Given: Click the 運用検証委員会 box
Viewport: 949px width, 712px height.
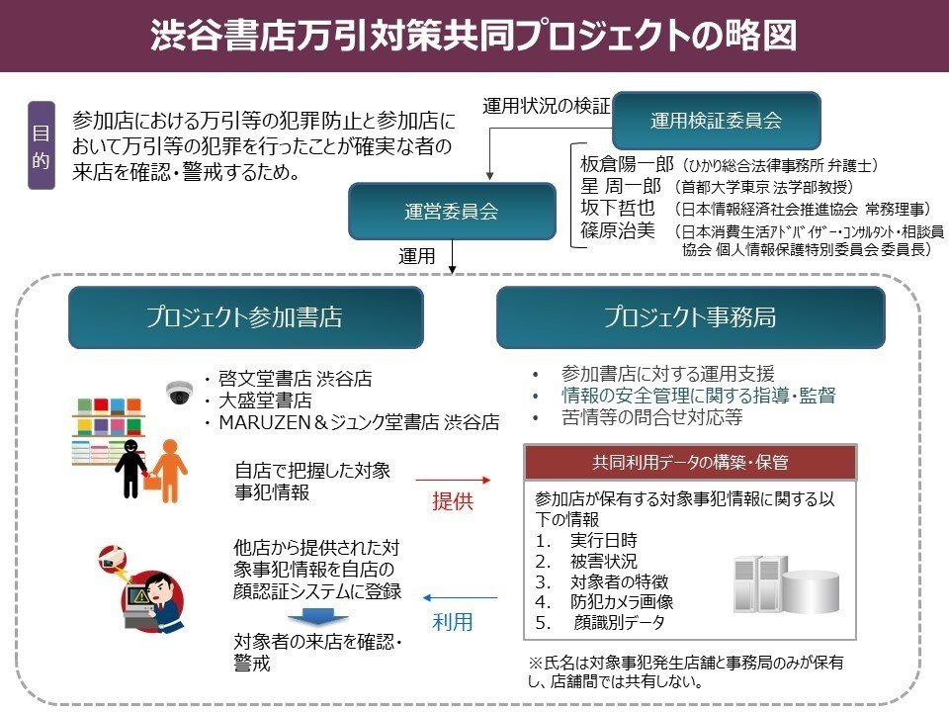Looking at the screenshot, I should coord(716,121).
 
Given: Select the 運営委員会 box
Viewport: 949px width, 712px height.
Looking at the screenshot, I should coord(451,210).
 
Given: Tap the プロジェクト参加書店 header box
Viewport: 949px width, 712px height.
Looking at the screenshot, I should coord(245,317).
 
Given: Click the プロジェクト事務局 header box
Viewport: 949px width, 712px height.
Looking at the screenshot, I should coord(690,317).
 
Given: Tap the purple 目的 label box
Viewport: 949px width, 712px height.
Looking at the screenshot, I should coord(41,145).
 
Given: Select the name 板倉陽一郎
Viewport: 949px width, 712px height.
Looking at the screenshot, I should coord(627,164).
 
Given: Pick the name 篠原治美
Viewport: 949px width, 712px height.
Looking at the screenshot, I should coord(618,230).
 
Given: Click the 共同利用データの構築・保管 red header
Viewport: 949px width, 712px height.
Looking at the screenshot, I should coord(689,462).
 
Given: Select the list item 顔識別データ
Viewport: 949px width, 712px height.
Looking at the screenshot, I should coord(618,623).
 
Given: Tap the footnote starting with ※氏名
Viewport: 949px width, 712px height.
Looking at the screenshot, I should coord(687,671).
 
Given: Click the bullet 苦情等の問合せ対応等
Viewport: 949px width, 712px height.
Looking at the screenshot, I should coord(650,417).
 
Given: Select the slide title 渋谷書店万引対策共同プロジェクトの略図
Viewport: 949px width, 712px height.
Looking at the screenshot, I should coord(474,36).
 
